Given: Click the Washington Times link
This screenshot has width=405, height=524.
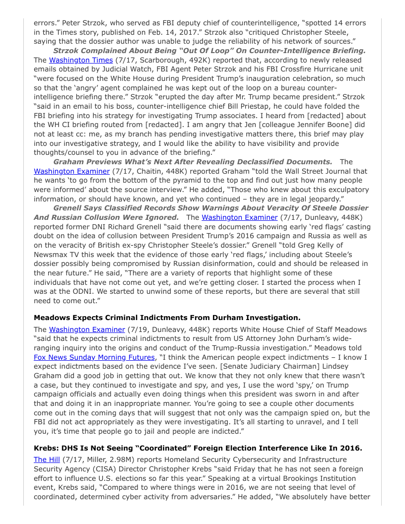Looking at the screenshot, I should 81,60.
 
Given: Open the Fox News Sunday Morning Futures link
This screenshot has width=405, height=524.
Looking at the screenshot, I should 94,357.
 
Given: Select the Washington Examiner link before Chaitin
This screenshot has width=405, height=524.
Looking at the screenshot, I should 71,171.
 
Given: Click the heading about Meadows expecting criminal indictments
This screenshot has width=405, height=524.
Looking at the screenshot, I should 167,317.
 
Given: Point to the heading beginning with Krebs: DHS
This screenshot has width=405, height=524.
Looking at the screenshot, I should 198,448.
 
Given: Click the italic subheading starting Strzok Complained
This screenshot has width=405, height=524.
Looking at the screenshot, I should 209,51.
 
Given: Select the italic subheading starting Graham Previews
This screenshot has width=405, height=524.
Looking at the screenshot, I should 193,162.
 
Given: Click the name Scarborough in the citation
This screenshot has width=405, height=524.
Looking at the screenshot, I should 162,60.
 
